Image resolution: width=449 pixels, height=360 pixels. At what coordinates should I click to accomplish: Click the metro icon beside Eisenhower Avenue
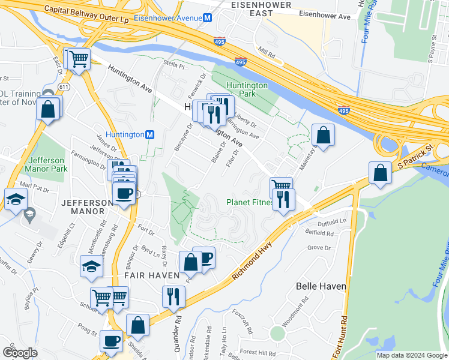click(x=207, y=18)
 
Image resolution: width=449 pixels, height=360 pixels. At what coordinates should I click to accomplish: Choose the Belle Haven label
click(x=321, y=286)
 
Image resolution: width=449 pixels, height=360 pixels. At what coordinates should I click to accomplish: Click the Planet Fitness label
click(x=249, y=202)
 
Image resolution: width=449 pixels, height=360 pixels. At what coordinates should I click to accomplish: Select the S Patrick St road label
click(x=414, y=156)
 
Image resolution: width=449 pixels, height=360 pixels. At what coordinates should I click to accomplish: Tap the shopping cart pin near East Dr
click(x=79, y=59)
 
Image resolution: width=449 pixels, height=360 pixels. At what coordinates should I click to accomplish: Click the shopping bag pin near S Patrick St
click(x=379, y=173)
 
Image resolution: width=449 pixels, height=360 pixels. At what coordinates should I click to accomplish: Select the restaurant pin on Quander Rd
click(x=173, y=296)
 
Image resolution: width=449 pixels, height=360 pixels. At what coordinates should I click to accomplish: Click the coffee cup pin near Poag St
click(x=111, y=341)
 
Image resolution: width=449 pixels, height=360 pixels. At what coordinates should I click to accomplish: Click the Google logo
click(x=19, y=353)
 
